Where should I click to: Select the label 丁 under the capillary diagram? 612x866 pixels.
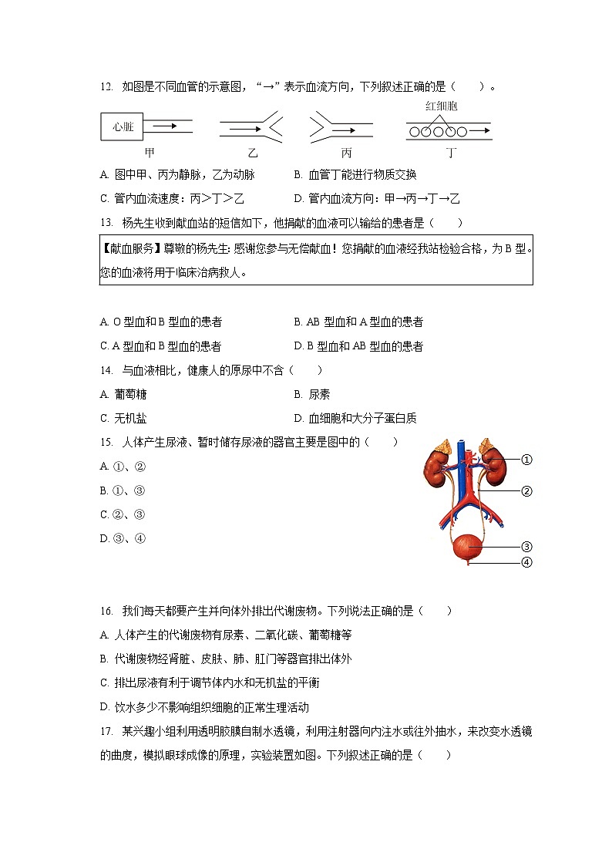pos(451,153)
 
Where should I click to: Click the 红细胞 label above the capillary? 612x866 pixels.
pos(441,106)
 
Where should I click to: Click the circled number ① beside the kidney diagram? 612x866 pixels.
pos(527,460)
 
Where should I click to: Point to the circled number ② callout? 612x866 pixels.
pos(527,491)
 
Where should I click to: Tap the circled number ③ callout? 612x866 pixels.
pos(527,547)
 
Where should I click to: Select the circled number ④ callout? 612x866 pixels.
pos(527,562)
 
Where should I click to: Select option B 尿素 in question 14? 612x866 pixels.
pos(312,394)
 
